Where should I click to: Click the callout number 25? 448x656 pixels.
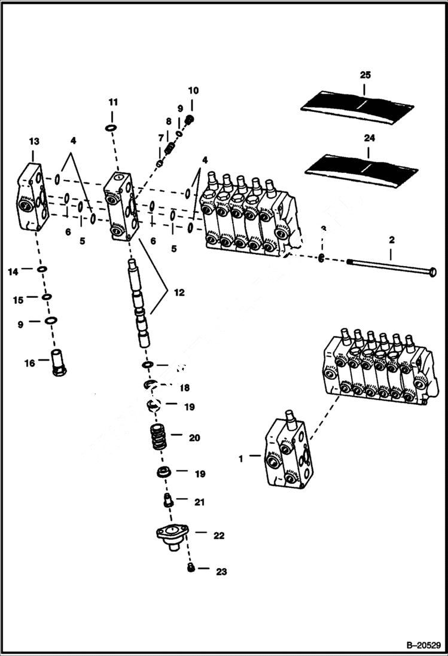[x=365, y=75]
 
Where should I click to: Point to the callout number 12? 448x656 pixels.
[x=179, y=293]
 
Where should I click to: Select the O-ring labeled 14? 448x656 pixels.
[x=42, y=270]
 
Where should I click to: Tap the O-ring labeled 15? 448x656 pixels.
[x=47, y=296]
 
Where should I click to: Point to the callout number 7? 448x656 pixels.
[x=160, y=138]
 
